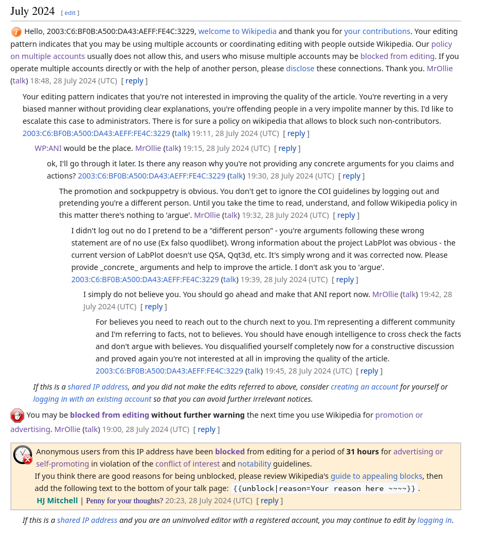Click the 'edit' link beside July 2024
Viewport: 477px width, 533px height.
70,12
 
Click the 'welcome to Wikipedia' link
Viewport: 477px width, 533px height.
237,31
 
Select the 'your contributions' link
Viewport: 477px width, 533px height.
377,31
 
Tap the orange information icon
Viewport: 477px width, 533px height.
16,32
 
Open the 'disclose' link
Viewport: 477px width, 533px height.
300,69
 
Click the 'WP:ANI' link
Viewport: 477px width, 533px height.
48,148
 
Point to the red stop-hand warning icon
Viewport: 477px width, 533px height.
17,416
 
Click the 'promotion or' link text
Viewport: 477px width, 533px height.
399,415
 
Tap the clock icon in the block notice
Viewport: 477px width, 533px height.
23,455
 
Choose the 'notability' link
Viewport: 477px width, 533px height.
254,464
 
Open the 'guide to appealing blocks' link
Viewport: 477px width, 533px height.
376,476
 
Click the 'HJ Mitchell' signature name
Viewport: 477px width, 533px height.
57,501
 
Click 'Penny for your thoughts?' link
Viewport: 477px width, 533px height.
124,501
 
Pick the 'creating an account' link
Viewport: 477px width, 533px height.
364,387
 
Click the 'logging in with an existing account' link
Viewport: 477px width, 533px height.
92,399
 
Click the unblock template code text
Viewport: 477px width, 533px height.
325,489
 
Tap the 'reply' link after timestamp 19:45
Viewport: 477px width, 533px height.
369,371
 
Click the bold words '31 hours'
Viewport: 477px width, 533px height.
362,452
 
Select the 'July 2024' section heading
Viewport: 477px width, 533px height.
32,11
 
